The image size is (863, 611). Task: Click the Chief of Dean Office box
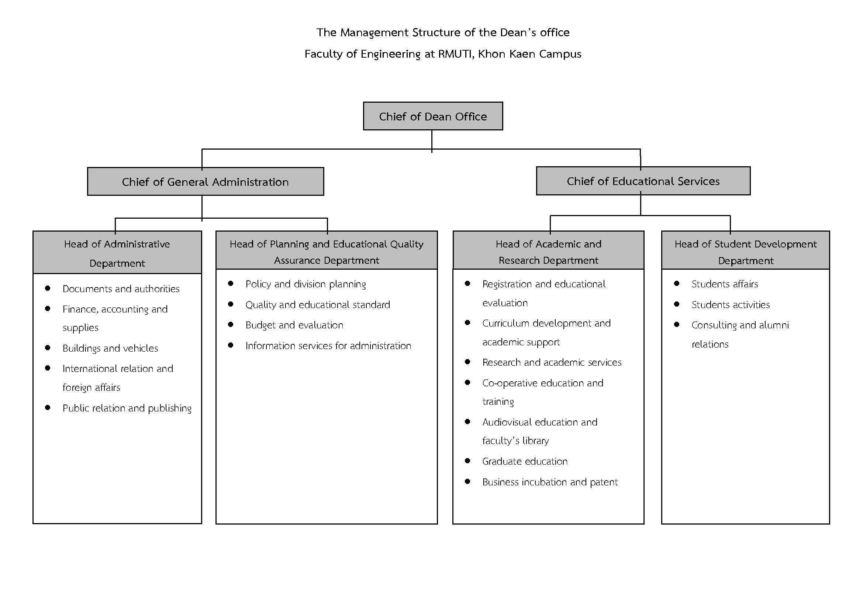click(x=433, y=116)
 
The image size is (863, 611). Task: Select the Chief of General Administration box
click(x=206, y=181)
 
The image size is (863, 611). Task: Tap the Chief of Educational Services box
click(x=643, y=181)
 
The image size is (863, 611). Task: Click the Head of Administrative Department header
click(x=117, y=252)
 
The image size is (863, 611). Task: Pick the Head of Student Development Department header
click(x=745, y=250)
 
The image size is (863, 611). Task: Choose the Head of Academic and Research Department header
click(x=548, y=250)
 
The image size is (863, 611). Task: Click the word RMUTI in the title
click(x=455, y=54)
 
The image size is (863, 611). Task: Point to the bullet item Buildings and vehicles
click(x=110, y=348)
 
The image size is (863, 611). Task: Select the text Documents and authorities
click(x=121, y=289)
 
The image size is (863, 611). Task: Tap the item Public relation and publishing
click(x=127, y=408)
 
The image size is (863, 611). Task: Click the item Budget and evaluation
click(x=294, y=325)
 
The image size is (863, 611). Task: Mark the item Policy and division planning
click(x=305, y=284)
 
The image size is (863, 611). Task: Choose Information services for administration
click(x=328, y=346)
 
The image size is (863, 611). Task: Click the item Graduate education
click(x=525, y=461)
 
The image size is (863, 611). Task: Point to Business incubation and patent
click(x=550, y=482)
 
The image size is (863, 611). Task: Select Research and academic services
click(x=552, y=362)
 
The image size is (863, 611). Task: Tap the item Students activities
click(x=730, y=305)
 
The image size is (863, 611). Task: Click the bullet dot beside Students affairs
click(x=677, y=283)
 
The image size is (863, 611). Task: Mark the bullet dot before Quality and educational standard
click(x=231, y=304)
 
